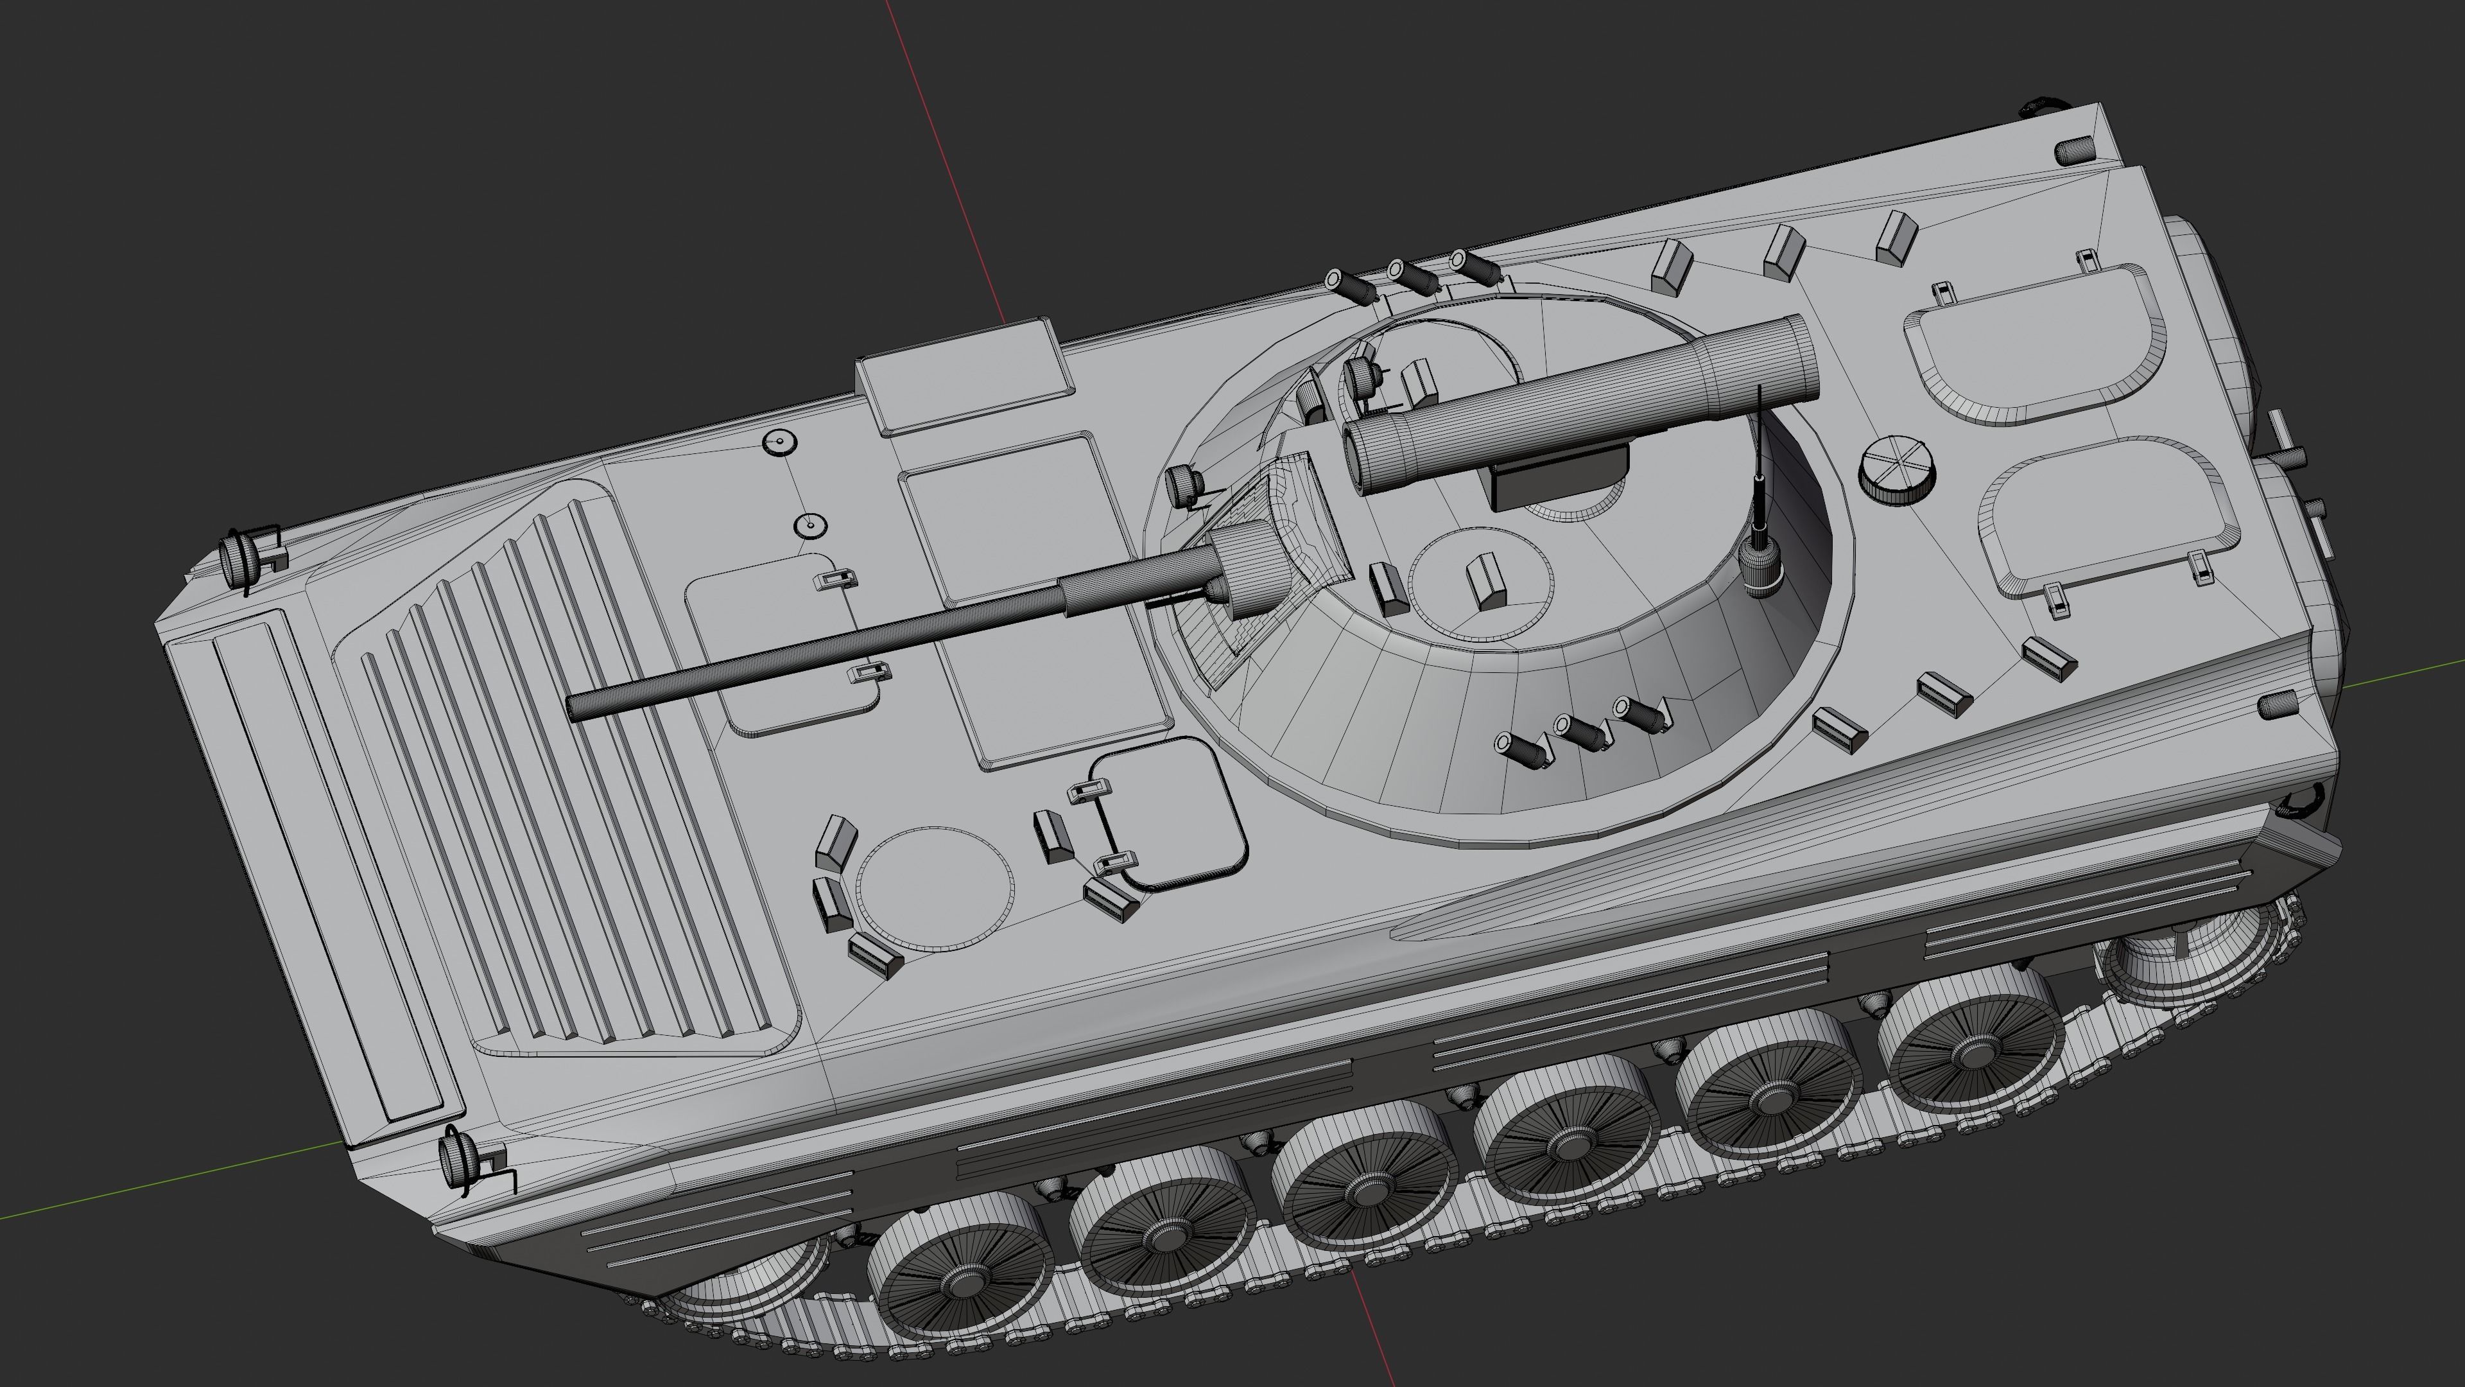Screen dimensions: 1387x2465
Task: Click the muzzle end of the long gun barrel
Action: pos(577,708)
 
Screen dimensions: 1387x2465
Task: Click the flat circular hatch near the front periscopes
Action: pos(933,890)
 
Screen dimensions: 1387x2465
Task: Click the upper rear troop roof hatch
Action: pos(2034,345)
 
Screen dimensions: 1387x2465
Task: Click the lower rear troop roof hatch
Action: pos(2110,517)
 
